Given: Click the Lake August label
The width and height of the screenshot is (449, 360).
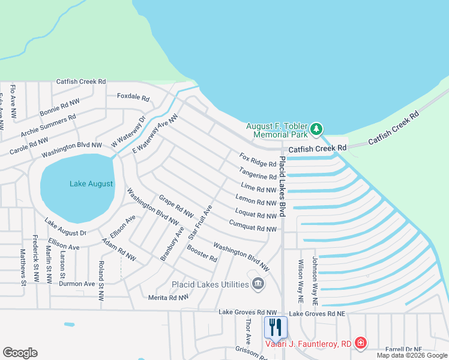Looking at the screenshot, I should tap(91, 184).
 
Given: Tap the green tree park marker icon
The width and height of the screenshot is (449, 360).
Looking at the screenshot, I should tap(316, 129).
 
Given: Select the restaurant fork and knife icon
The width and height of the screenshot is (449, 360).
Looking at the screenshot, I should tap(276, 327).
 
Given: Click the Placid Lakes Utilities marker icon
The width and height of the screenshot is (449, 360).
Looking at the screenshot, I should tap(259, 284).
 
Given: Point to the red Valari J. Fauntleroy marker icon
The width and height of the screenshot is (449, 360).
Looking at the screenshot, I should tap(360, 343).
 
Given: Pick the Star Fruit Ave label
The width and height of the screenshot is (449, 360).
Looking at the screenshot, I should tap(200, 223).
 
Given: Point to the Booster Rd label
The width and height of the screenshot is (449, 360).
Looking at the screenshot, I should tap(202, 253).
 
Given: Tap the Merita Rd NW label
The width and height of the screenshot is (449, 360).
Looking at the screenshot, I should tap(168, 297).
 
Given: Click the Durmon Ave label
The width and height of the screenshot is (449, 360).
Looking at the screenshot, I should tap(77, 284).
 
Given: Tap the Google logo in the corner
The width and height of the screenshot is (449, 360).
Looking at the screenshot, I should tap(20, 353).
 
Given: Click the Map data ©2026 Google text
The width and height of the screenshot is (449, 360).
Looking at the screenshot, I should tap(412, 355).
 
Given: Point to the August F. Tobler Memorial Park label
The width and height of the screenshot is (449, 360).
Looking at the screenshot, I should tap(276, 130).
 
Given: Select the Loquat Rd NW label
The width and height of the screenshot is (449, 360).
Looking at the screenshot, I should tap(255, 214).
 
